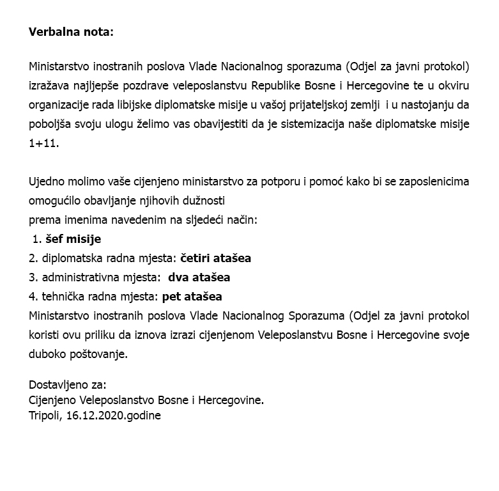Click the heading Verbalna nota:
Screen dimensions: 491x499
(70, 32)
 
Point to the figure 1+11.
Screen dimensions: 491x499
(43, 143)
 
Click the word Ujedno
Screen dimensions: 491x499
(47, 182)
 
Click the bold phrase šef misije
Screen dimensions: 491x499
(73, 239)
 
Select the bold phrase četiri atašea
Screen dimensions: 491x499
(216, 258)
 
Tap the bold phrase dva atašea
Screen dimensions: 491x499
(199, 277)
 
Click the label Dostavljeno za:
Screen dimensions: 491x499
(68, 385)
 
